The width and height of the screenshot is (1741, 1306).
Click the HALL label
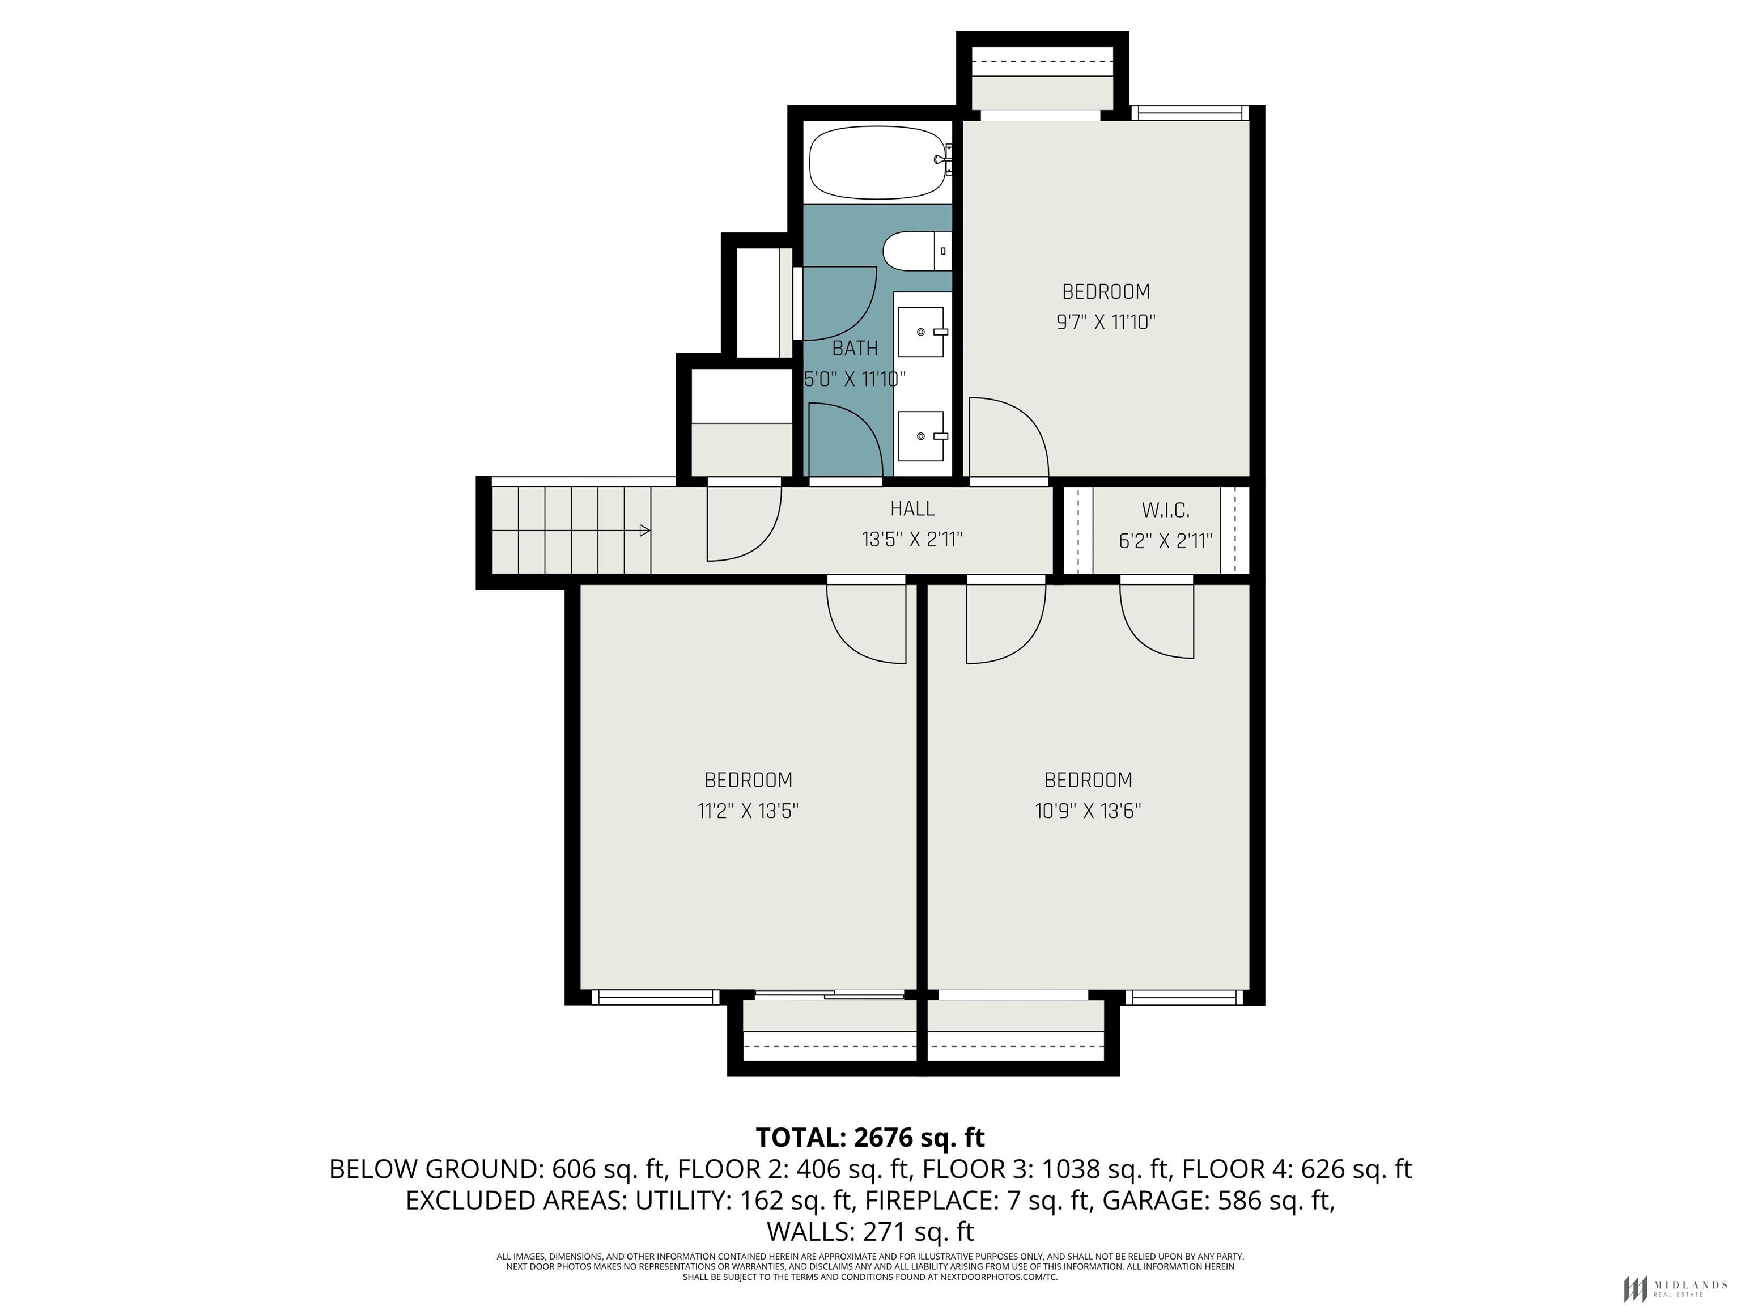point(913,508)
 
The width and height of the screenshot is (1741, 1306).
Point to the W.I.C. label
point(1166,510)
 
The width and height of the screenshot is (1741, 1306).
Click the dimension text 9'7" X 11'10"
point(1106,322)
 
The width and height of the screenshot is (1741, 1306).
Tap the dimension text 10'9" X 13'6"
point(1088,811)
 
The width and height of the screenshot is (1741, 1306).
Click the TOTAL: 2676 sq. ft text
point(870,1138)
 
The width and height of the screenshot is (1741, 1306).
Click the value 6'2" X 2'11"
point(1166,541)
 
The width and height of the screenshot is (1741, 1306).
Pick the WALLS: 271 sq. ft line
point(870,1231)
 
